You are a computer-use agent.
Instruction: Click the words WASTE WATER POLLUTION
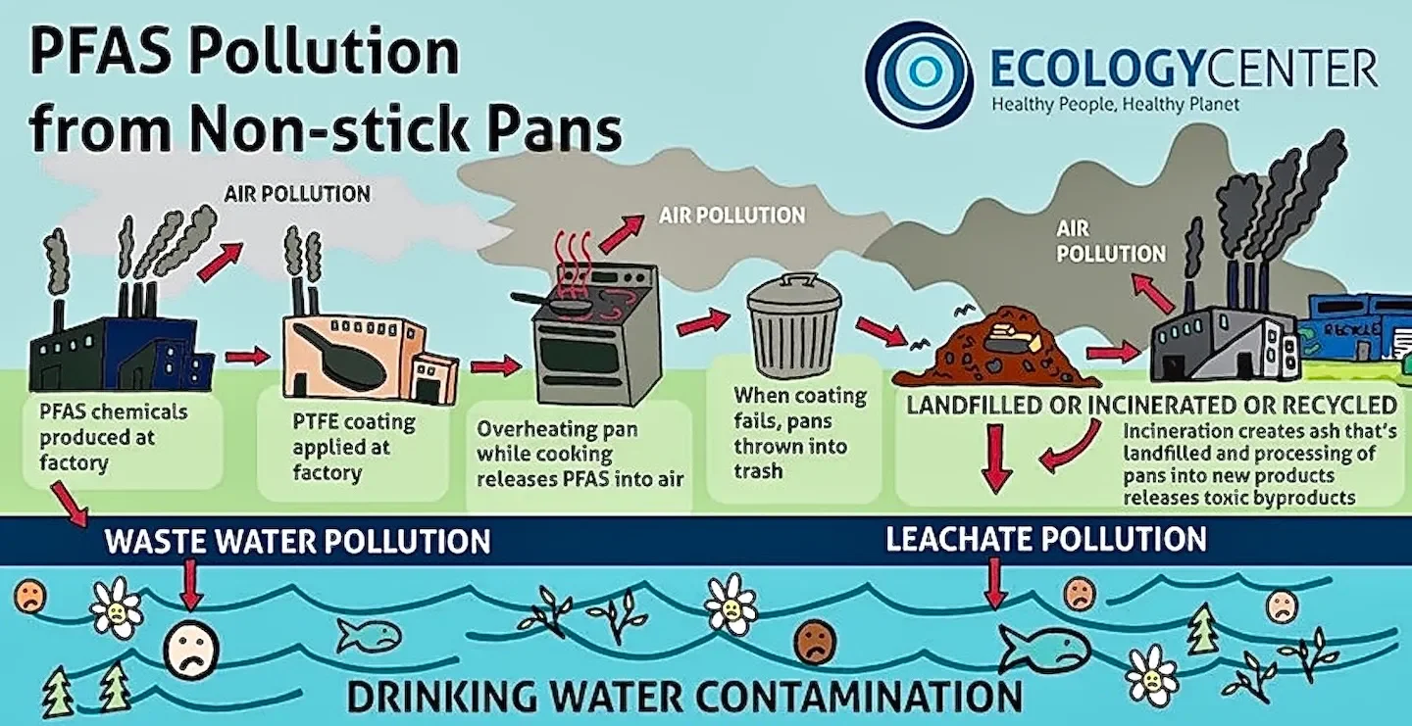pyautogui.click(x=297, y=541)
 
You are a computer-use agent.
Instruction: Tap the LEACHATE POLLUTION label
pyautogui.click(x=1045, y=538)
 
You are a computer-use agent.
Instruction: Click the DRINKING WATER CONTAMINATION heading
pyautogui.click(x=684, y=696)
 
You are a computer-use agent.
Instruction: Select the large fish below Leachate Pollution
pyautogui.click(x=1043, y=650)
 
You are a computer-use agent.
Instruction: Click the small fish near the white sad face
pyautogui.click(x=369, y=637)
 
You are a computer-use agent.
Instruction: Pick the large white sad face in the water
pyautogui.click(x=191, y=651)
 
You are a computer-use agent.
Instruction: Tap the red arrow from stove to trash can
pyautogui.click(x=703, y=321)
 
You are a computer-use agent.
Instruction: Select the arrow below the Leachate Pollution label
pyautogui.click(x=995, y=584)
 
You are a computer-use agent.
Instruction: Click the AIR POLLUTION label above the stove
pyautogui.click(x=731, y=215)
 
